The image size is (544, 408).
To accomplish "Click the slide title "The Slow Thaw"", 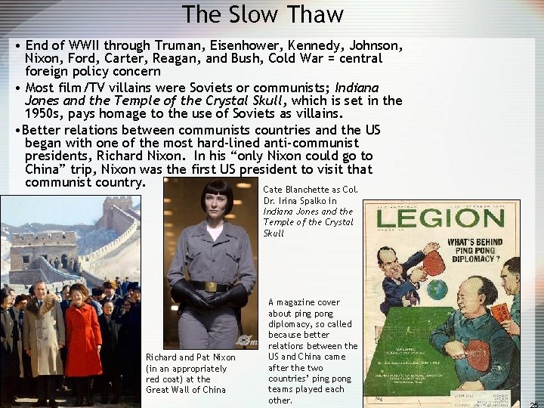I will pyautogui.click(x=263, y=14).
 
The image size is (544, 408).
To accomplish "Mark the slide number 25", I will pyautogui.click(x=534, y=404).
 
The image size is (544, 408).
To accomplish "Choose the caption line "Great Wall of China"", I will pyautogui.click(x=186, y=390).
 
